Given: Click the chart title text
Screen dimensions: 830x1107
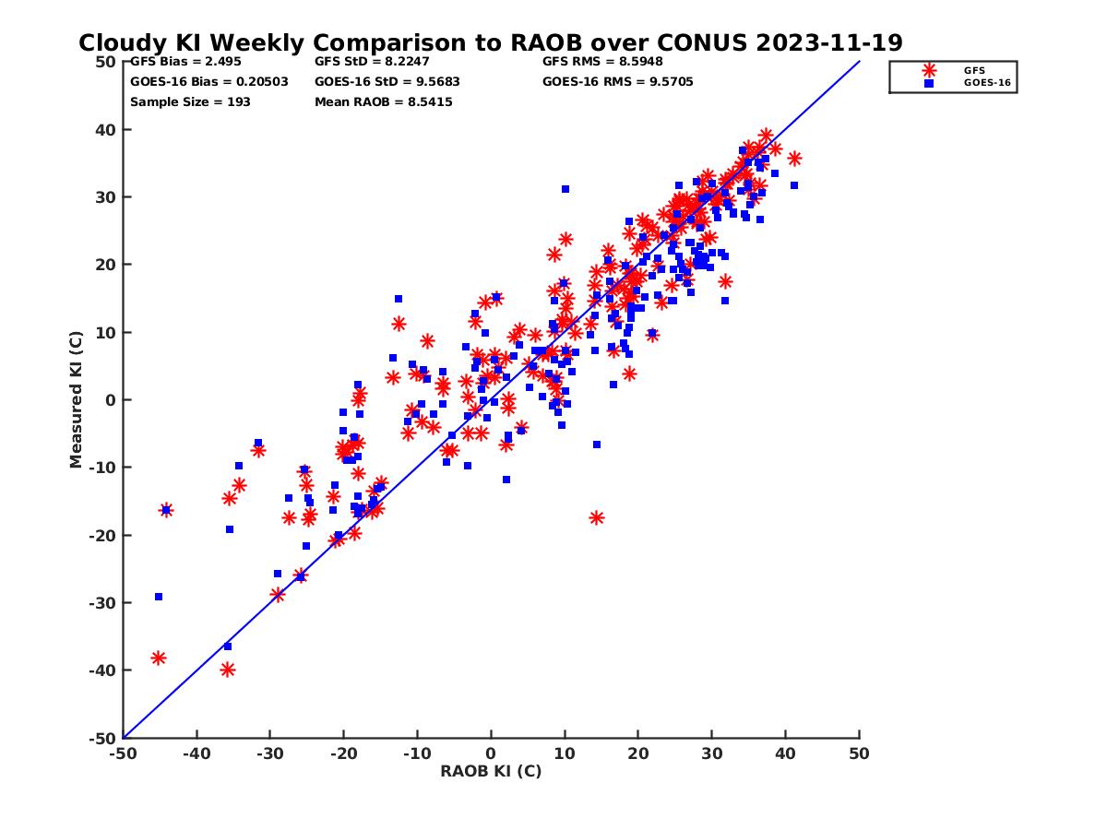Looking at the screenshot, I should tap(490, 43).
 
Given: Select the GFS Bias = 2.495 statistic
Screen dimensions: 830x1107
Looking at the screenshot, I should tap(186, 62).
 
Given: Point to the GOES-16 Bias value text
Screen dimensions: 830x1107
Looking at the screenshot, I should tap(208, 81).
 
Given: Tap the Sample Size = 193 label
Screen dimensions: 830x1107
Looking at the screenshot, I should tap(190, 101).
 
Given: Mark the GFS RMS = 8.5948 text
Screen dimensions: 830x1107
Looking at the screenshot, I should tap(602, 62).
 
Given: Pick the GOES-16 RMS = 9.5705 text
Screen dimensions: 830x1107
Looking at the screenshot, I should tap(617, 81).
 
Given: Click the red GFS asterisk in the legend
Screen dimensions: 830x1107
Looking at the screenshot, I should tap(929, 70).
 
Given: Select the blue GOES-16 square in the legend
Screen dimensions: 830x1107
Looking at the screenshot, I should tap(929, 83).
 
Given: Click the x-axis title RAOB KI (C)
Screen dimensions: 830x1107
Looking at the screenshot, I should tap(491, 771).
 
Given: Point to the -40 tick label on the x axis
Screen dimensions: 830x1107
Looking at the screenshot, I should tap(196, 753).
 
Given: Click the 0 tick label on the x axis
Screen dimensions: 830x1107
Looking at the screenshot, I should tap(491, 753).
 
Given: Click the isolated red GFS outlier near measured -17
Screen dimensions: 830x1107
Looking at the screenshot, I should tap(597, 517).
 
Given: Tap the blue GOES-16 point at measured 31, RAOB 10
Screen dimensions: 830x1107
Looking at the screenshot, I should tap(565, 189).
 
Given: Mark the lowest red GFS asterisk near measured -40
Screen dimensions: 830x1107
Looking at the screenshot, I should tap(228, 670).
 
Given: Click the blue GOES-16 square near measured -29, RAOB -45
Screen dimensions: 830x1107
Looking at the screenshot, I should tap(159, 597).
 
